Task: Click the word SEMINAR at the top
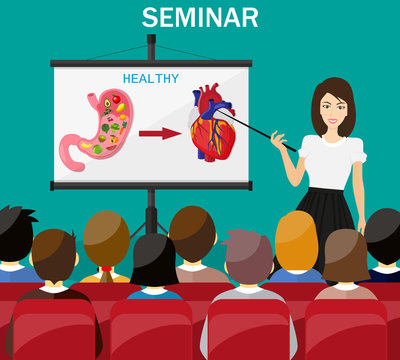click(x=200, y=17)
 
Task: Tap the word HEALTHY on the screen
click(x=150, y=78)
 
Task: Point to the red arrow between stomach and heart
click(x=159, y=132)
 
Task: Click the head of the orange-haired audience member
click(x=295, y=240)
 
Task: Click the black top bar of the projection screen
click(x=151, y=63)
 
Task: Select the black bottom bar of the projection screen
click(x=151, y=185)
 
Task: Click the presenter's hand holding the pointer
click(x=279, y=140)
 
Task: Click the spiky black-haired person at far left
click(x=13, y=236)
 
